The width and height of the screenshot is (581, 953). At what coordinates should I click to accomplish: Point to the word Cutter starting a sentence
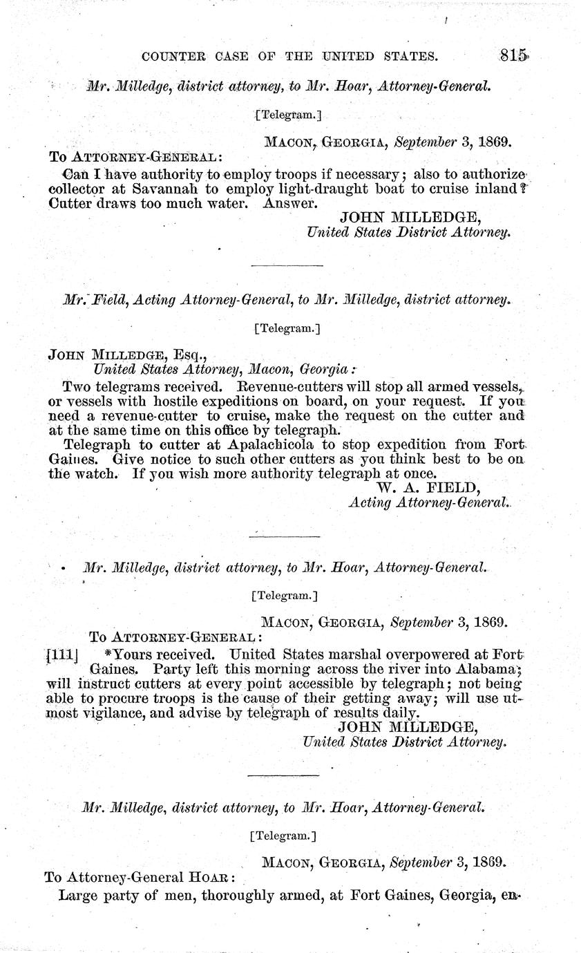point(69,203)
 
